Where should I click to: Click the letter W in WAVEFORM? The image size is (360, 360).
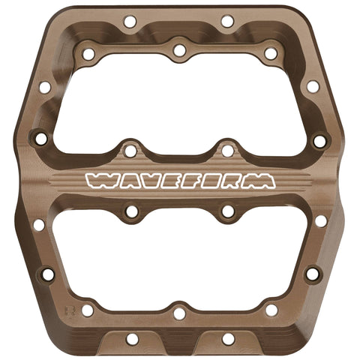[100, 181]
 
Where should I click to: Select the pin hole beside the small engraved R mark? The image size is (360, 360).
[88, 310]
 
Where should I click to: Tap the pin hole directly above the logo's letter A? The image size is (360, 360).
[130, 151]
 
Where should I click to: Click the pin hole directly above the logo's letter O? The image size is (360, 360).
[227, 151]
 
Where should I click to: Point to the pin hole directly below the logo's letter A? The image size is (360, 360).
[132, 212]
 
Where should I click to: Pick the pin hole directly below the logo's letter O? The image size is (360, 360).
[227, 212]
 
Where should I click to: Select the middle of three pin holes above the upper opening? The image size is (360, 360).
[179, 50]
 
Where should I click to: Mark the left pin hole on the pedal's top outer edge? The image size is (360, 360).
[130, 22]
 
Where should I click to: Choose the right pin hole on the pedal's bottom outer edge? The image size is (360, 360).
[228, 339]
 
